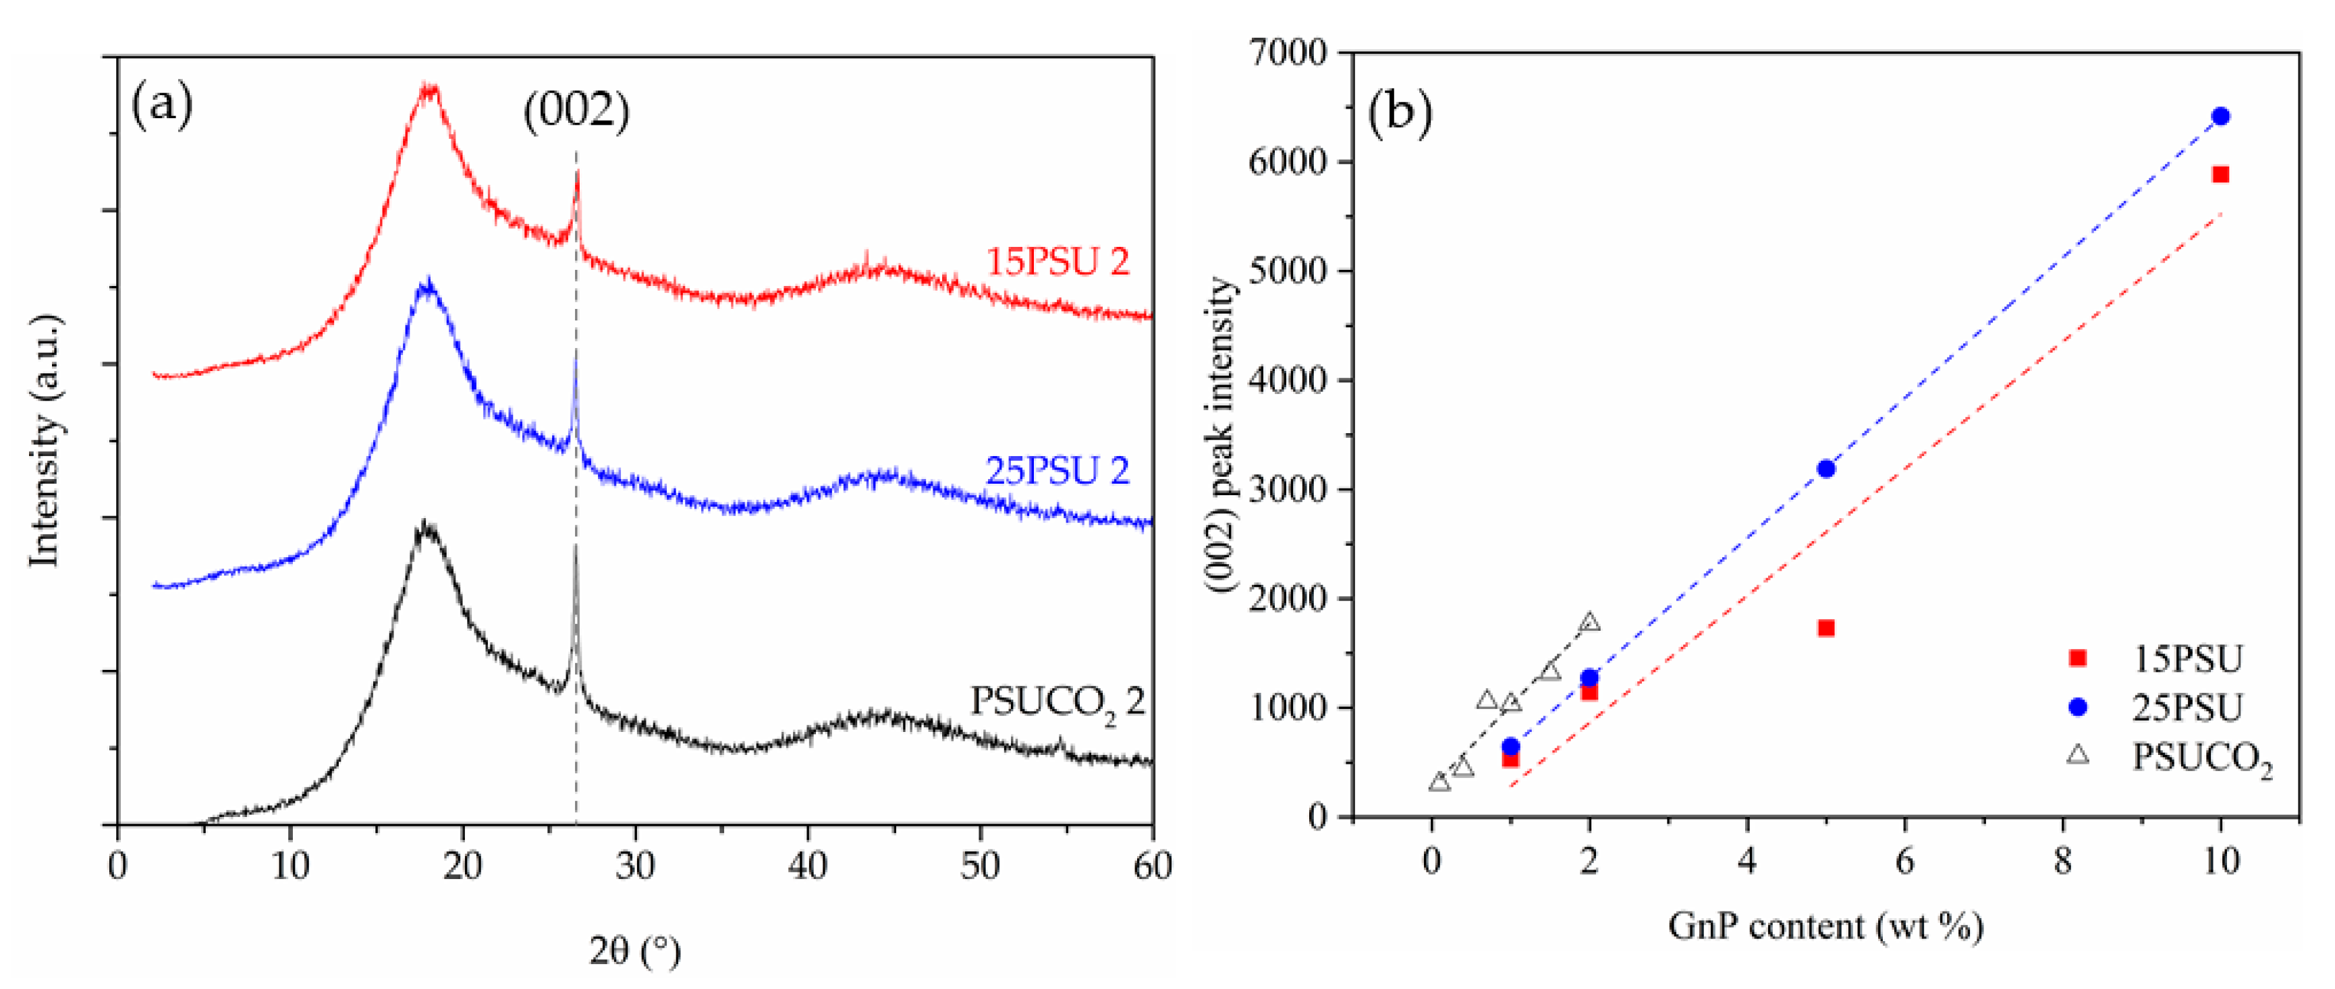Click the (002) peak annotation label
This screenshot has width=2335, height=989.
click(576, 111)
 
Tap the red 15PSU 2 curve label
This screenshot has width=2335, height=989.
click(1057, 262)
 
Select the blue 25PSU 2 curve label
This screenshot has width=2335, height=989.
click(1057, 470)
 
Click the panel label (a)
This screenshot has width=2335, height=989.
click(162, 105)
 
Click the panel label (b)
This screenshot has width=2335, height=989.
click(1400, 113)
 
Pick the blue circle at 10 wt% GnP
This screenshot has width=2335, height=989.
click(2220, 116)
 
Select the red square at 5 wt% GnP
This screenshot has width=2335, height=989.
click(1825, 628)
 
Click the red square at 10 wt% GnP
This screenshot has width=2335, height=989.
click(2220, 174)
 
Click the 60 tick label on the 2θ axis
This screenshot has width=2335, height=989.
click(1152, 866)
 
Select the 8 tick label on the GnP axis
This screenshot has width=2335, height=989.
click(2063, 860)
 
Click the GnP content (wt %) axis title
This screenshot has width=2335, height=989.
click(1825, 926)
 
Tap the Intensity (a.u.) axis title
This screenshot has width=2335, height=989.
click(45, 441)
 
